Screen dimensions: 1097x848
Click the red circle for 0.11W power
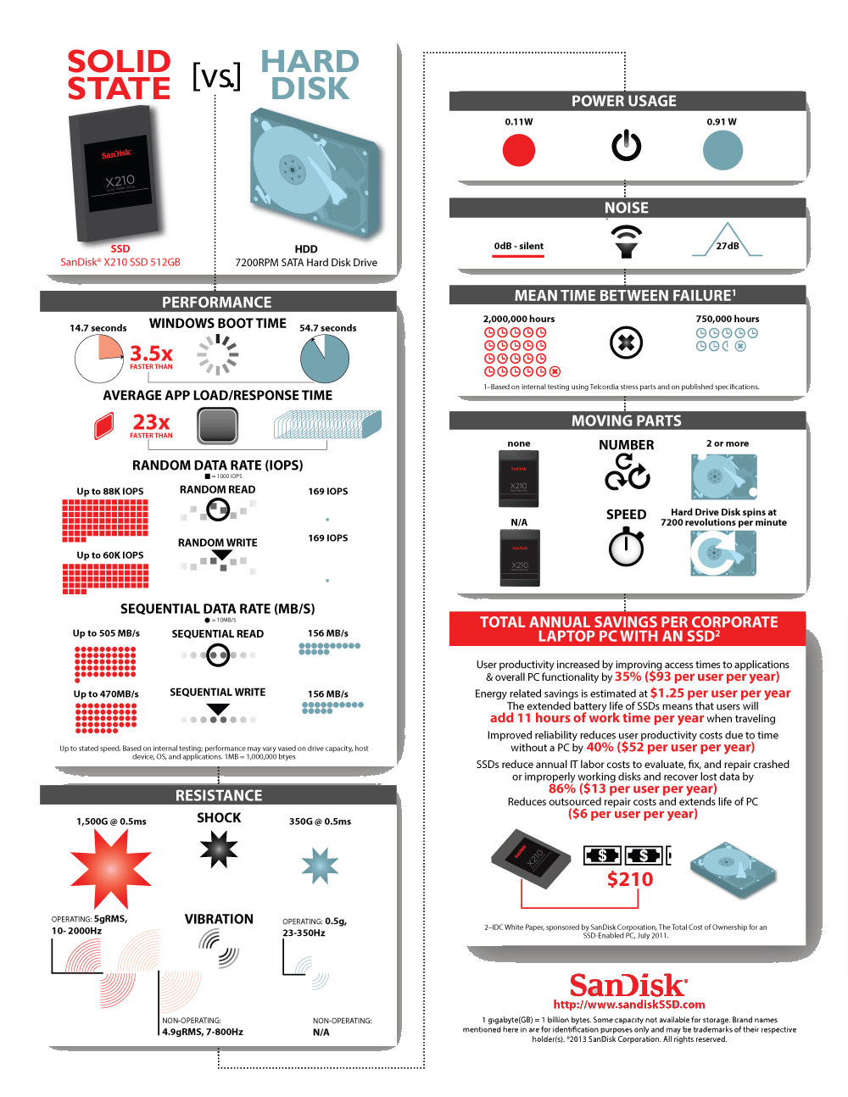click(x=519, y=151)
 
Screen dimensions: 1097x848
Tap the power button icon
click(x=627, y=146)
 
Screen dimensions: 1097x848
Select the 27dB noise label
click(x=728, y=246)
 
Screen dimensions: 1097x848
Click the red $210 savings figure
click(x=630, y=880)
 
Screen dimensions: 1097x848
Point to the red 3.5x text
click(x=151, y=354)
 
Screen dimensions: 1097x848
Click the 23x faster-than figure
click(x=151, y=422)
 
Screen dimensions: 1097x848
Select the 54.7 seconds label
click(x=327, y=328)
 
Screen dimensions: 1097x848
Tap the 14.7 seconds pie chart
click(x=99, y=359)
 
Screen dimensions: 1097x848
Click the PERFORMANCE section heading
click(x=217, y=303)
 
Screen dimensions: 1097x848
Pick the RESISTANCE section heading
click(x=219, y=796)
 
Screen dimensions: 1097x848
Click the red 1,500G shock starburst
click(x=110, y=868)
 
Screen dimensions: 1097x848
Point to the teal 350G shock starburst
click(x=320, y=866)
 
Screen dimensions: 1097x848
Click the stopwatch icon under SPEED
click(x=626, y=547)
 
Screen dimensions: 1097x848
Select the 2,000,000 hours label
click(x=519, y=320)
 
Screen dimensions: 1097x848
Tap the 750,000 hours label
click(x=728, y=320)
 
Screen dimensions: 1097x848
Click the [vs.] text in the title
click(x=215, y=76)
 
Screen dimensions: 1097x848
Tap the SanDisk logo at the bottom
click(x=628, y=986)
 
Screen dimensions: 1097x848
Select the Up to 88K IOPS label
click(x=110, y=492)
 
